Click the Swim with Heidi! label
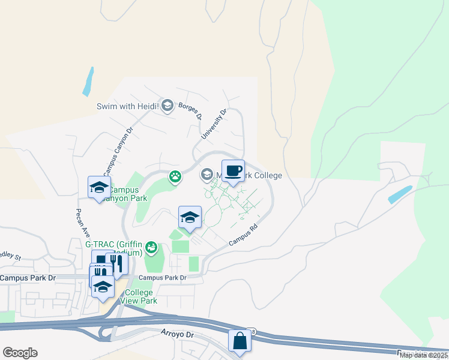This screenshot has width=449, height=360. (127, 107)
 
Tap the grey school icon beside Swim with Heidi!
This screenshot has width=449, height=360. (167, 106)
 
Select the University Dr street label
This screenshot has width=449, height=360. (214, 124)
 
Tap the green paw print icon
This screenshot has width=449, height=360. (175, 176)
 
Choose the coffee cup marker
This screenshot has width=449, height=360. (233, 172)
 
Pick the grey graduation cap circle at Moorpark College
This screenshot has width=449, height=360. (206, 175)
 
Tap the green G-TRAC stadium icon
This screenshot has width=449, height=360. (152, 247)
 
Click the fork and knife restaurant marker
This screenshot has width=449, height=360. (116, 264)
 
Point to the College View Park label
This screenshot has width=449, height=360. (139, 296)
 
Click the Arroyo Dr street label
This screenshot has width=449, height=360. (179, 332)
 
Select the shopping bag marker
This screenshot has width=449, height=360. (240, 341)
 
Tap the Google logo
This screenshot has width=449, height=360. (20, 353)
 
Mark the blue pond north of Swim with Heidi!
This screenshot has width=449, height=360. (88, 82)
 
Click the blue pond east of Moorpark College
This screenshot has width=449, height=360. (400, 194)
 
